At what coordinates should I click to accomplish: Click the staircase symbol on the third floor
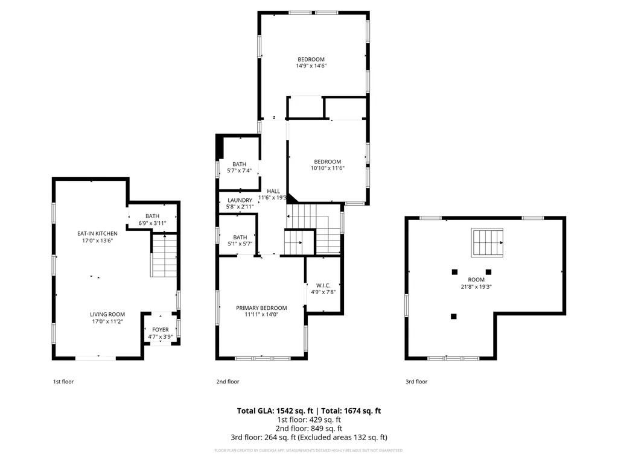487,242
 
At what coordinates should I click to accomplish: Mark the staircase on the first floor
163,256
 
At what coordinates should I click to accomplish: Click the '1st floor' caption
63,382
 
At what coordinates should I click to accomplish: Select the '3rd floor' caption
416,382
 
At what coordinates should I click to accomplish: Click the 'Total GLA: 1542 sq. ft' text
275,411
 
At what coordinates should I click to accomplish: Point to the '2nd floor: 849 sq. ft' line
309,429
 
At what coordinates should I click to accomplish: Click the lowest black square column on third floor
454,316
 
